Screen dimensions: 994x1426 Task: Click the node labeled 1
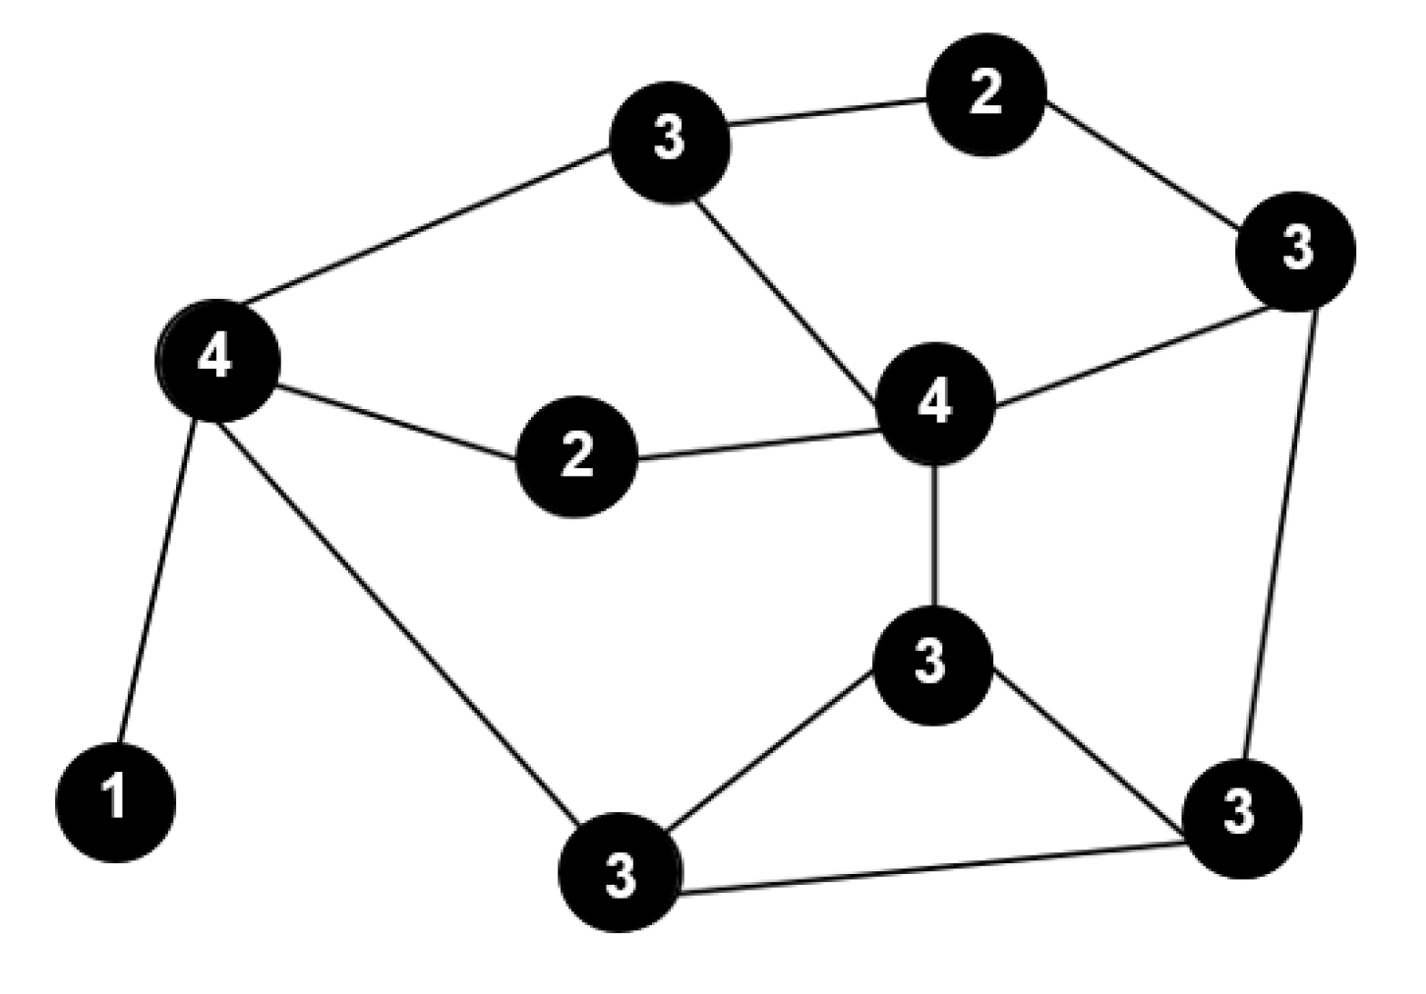(x=115, y=801)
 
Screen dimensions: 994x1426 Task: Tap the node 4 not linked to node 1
(x=935, y=402)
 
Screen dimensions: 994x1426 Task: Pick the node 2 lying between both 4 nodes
(x=576, y=456)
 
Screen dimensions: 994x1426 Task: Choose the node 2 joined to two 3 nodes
(x=986, y=94)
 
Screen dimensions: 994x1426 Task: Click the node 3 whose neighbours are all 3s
(x=1241, y=816)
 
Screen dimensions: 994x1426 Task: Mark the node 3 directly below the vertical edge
(x=931, y=664)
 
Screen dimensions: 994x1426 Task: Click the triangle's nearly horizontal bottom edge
(x=929, y=868)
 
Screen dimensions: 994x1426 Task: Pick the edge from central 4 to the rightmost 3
(x=1131, y=356)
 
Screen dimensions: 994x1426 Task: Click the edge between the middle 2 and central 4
(x=757, y=443)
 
